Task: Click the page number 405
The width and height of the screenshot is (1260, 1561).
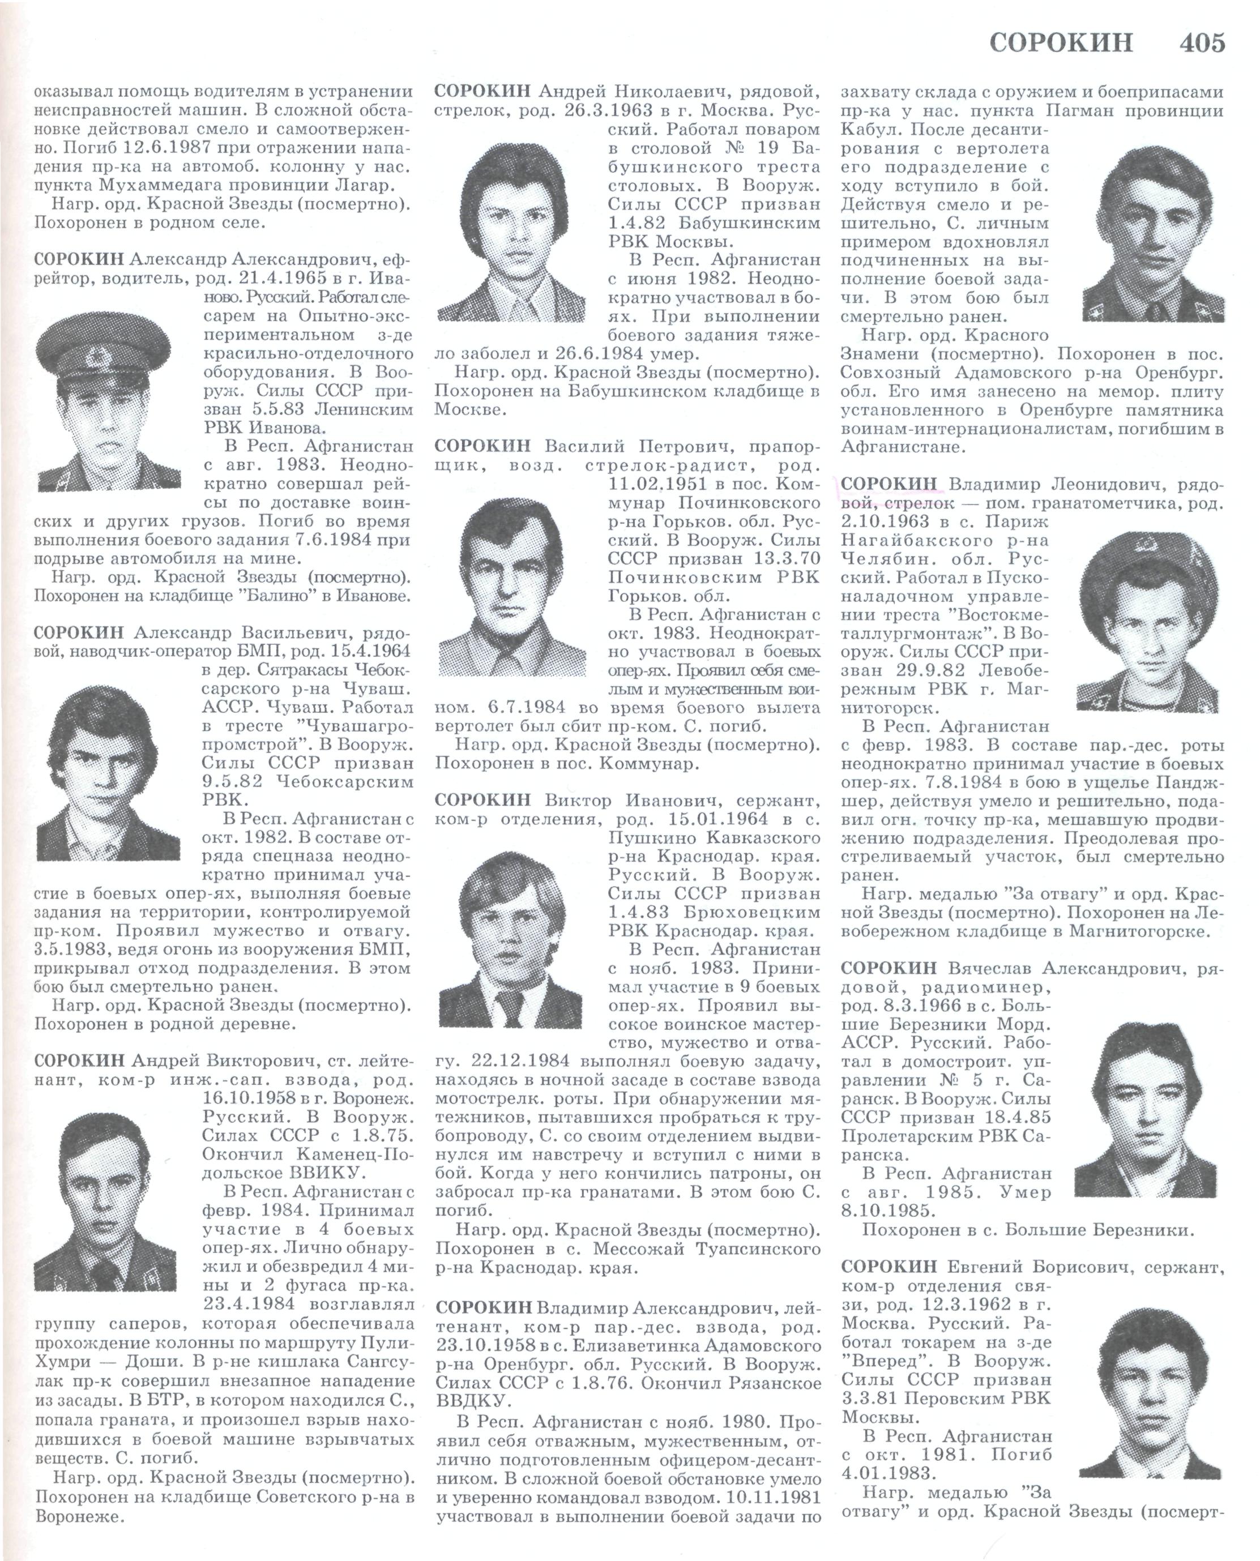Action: coord(1202,43)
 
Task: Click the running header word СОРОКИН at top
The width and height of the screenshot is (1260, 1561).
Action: coord(1061,43)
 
